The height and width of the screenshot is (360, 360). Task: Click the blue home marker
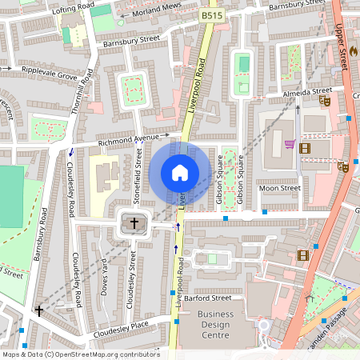point(180,172)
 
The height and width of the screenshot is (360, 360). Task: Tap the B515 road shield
point(211,15)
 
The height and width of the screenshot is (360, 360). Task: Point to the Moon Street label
point(279,189)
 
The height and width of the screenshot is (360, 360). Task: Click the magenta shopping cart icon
point(289,144)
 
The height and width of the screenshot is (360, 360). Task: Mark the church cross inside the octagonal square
point(134,223)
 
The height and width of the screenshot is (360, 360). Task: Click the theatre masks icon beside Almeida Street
point(324,102)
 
